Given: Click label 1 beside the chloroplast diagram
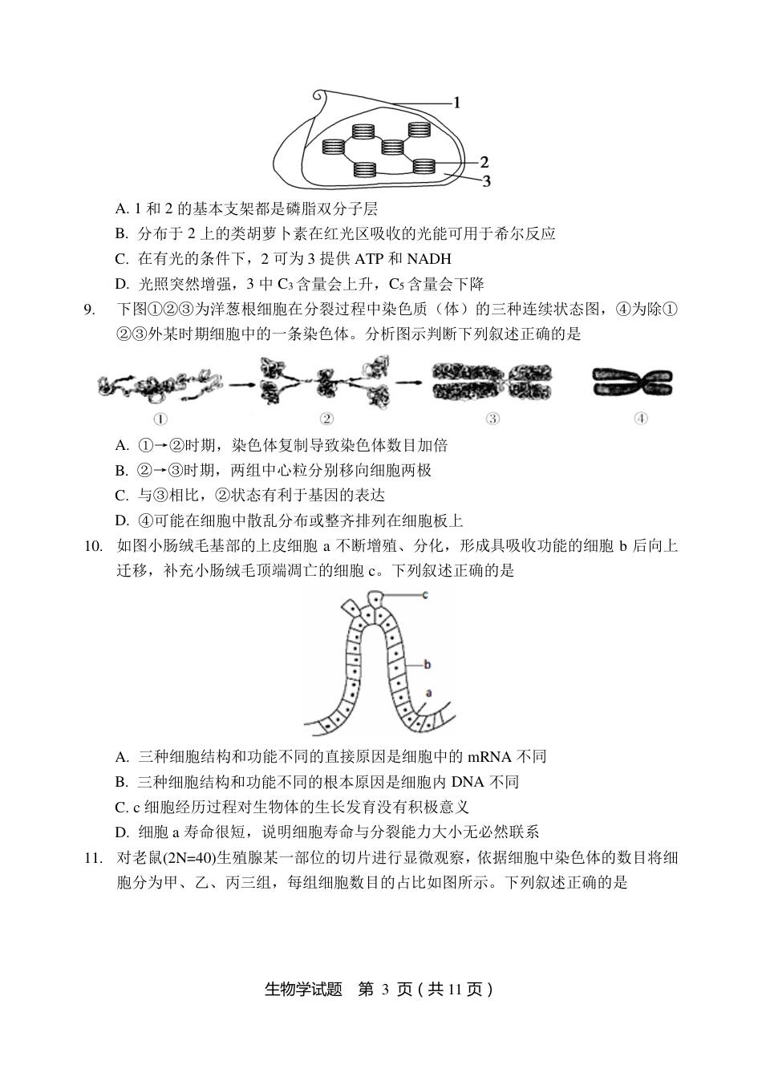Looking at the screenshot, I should click(x=456, y=103).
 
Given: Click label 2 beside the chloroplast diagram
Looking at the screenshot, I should click(x=484, y=161).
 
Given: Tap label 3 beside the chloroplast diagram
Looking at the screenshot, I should click(x=486, y=181).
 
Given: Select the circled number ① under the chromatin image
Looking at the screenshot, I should click(x=160, y=418).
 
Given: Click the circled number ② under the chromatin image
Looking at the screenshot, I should click(x=326, y=418).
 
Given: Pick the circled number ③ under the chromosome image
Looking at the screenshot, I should click(x=492, y=418).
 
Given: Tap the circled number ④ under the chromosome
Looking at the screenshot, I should click(x=640, y=418).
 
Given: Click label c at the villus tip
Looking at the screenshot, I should click(x=425, y=594).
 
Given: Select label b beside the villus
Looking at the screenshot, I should click(x=428, y=664).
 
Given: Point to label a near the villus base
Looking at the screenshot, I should click(x=428, y=692).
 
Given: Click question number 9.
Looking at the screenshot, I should click(x=90, y=310).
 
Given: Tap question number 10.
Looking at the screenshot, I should click(x=93, y=547).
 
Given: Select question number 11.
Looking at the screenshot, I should click(x=93, y=858).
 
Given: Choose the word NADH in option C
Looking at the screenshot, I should click(x=429, y=259).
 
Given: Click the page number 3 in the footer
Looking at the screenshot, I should click(x=385, y=990).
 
